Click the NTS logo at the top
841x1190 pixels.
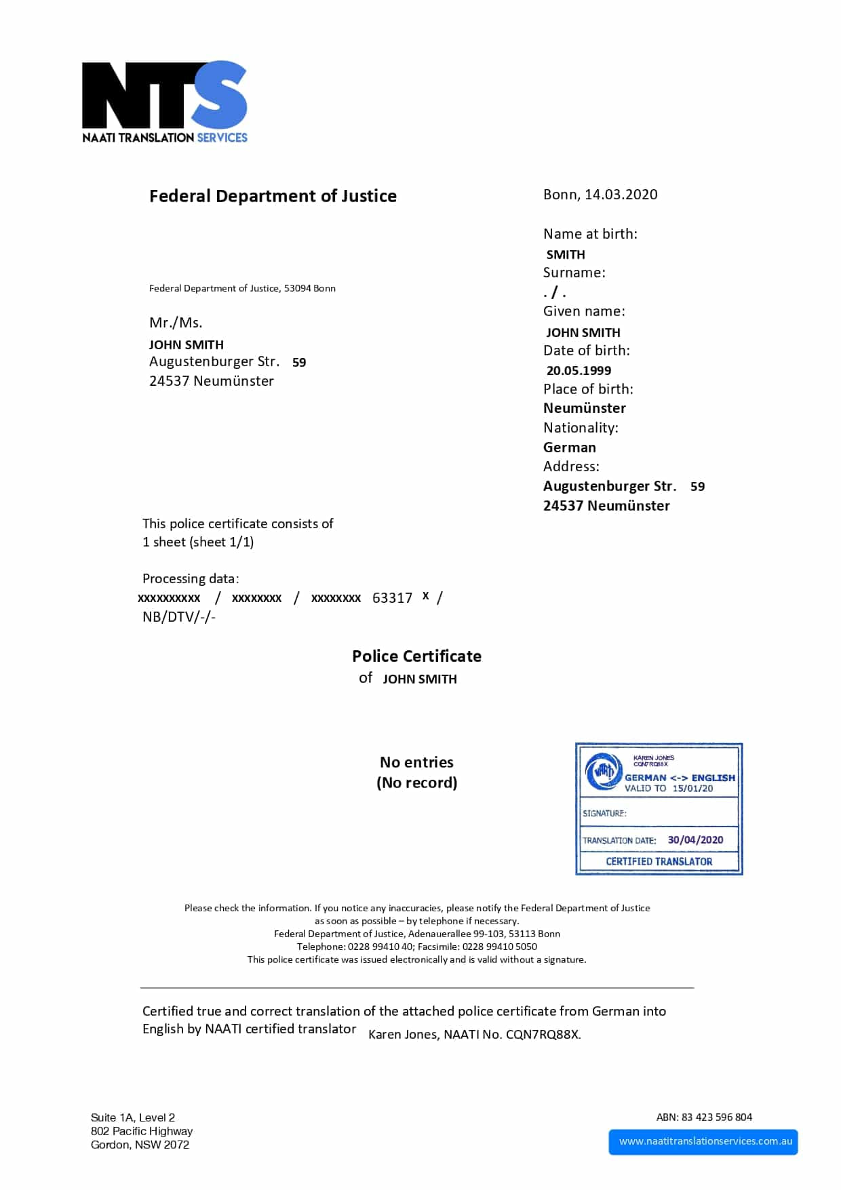tap(165, 102)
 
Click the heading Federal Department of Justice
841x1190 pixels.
tap(273, 196)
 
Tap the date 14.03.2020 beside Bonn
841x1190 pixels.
tap(621, 195)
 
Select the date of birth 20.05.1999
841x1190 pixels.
tap(579, 371)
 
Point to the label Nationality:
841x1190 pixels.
tap(581, 428)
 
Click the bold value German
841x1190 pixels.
tap(570, 448)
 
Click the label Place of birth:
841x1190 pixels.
tap(588, 389)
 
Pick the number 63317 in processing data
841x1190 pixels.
tap(392, 598)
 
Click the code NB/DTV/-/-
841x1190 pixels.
tap(179, 617)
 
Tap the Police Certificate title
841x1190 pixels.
tap(416, 656)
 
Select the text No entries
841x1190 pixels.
tap(416, 762)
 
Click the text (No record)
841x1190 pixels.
tap(416, 782)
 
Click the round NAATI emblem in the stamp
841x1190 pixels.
tap(603, 772)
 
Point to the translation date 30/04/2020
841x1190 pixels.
tap(695, 840)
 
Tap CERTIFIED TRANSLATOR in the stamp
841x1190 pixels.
tap(659, 862)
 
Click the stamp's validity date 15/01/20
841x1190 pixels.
tap(692, 789)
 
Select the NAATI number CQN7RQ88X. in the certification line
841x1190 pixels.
tap(543, 1035)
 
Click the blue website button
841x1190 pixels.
tap(703, 1142)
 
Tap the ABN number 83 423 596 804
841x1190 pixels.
tap(716, 1117)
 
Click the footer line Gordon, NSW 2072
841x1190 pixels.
tap(140, 1145)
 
